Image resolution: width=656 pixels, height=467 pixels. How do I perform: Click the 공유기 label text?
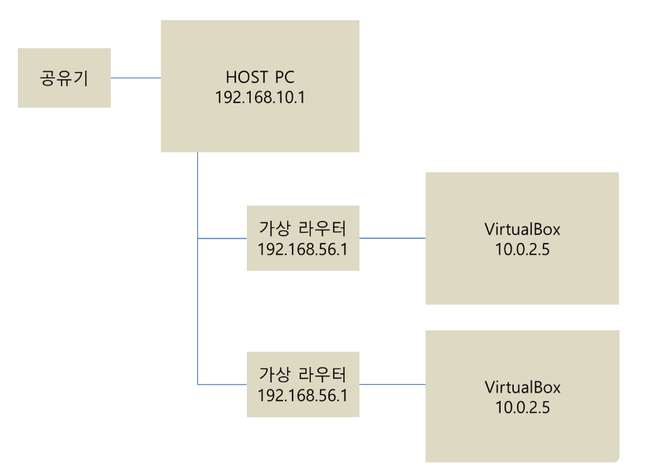tap(64, 78)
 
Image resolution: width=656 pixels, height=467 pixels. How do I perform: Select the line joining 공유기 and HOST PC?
tap(136, 78)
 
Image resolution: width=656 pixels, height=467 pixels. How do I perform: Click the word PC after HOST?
tap(284, 78)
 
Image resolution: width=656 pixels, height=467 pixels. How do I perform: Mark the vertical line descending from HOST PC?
tap(198, 194)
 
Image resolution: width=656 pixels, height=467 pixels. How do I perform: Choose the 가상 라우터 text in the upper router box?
tap(303, 229)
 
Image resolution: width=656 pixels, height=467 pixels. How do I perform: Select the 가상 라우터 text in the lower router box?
tap(303, 375)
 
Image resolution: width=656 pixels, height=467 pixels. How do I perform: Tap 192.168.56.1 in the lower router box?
tap(303, 394)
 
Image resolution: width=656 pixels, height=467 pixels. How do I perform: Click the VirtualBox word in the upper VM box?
tap(522, 230)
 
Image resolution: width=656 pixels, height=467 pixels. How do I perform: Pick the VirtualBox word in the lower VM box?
tap(522, 388)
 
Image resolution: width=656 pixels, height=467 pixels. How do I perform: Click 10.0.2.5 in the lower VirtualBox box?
tap(522, 406)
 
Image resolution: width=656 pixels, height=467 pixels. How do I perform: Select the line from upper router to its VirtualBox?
tap(392, 238)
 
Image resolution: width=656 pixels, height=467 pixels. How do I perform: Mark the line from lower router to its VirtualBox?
tap(392, 384)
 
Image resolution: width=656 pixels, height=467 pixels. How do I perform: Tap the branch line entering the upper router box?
tap(223, 238)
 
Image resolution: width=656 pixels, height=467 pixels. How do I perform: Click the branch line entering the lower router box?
tap(223, 384)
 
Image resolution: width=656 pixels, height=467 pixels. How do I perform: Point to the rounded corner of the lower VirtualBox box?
tap(616, 458)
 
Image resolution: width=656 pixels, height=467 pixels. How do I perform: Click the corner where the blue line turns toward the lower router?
tap(198, 384)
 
